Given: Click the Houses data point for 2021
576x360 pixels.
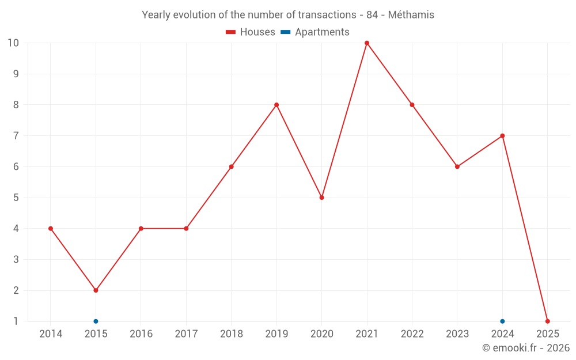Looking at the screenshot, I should click(x=367, y=43).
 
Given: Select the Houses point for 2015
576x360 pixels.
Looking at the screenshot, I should click(x=96, y=290).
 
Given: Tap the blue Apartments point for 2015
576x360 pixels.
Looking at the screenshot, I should click(x=96, y=321).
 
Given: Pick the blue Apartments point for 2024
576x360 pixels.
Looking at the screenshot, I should click(x=502, y=321).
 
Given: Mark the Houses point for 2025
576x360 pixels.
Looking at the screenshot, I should click(x=548, y=321).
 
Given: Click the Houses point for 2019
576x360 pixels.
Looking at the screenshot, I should click(x=276, y=105).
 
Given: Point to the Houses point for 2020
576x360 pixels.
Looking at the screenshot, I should click(x=322, y=198).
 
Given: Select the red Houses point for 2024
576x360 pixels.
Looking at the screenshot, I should click(x=502, y=136).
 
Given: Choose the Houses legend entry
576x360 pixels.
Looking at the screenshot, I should click(x=251, y=32).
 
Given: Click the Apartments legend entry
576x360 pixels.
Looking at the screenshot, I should click(x=315, y=32).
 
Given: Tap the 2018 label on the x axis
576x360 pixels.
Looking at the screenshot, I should click(x=231, y=334).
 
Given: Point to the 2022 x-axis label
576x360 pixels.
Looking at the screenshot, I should click(x=412, y=334).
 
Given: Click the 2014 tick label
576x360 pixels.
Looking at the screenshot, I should click(x=51, y=334).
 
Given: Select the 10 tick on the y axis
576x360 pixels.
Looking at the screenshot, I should click(x=13, y=43).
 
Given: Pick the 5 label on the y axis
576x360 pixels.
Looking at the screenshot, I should click(x=16, y=198).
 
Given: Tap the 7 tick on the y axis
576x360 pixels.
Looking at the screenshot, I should click(x=16, y=136).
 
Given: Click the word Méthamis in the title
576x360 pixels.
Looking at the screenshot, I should click(x=411, y=15).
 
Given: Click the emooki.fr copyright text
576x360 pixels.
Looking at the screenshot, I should click(x=526, y=348).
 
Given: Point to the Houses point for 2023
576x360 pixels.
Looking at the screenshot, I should click(x=457, y=166).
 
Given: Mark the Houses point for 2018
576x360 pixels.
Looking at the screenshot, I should click(x=231, y=166).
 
